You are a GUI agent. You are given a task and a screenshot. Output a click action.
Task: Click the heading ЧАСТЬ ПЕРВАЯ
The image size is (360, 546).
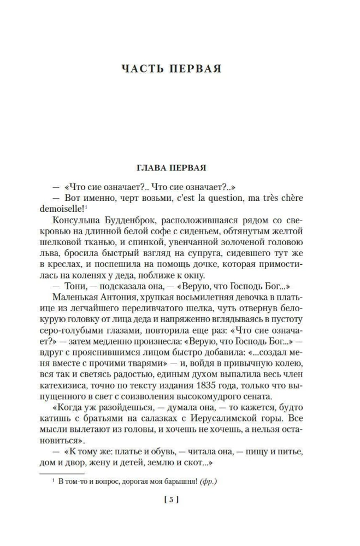pos(179,69)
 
